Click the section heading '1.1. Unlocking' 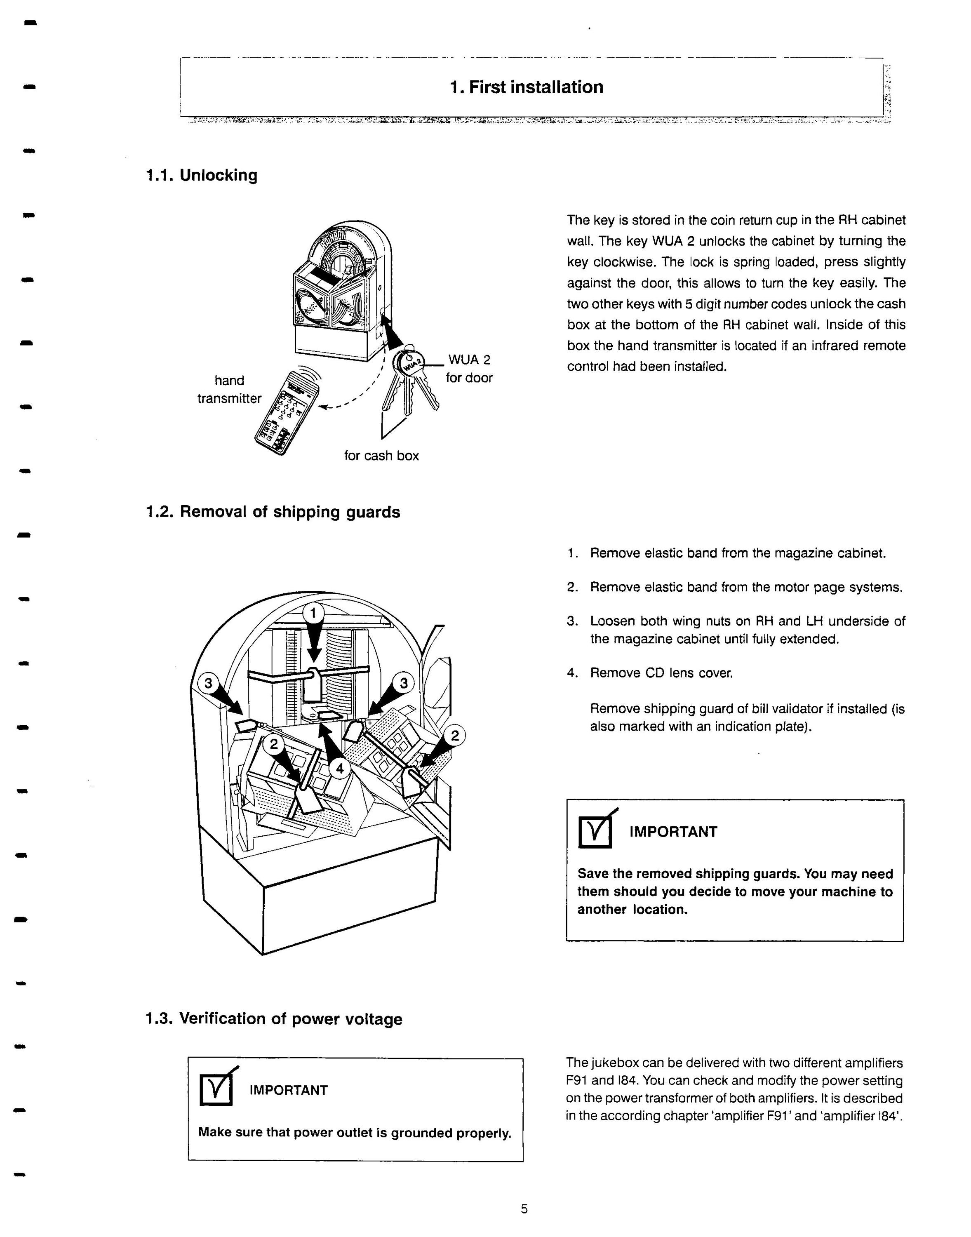point(201,175)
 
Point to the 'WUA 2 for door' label point(469,369)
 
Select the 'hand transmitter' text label point(229,389)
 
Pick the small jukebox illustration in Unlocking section point(341,290)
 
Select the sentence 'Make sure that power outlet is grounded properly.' point(355,1133)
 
